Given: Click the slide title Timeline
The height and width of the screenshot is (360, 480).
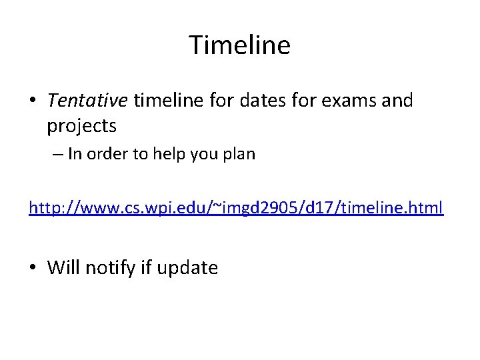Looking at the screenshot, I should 239,45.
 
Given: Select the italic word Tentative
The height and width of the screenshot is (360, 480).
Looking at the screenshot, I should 87,101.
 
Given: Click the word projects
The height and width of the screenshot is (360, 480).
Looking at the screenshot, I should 81,125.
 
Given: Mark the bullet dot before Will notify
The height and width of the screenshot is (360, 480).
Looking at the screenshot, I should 33,269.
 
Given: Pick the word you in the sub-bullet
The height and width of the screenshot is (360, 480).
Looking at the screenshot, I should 201,155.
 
